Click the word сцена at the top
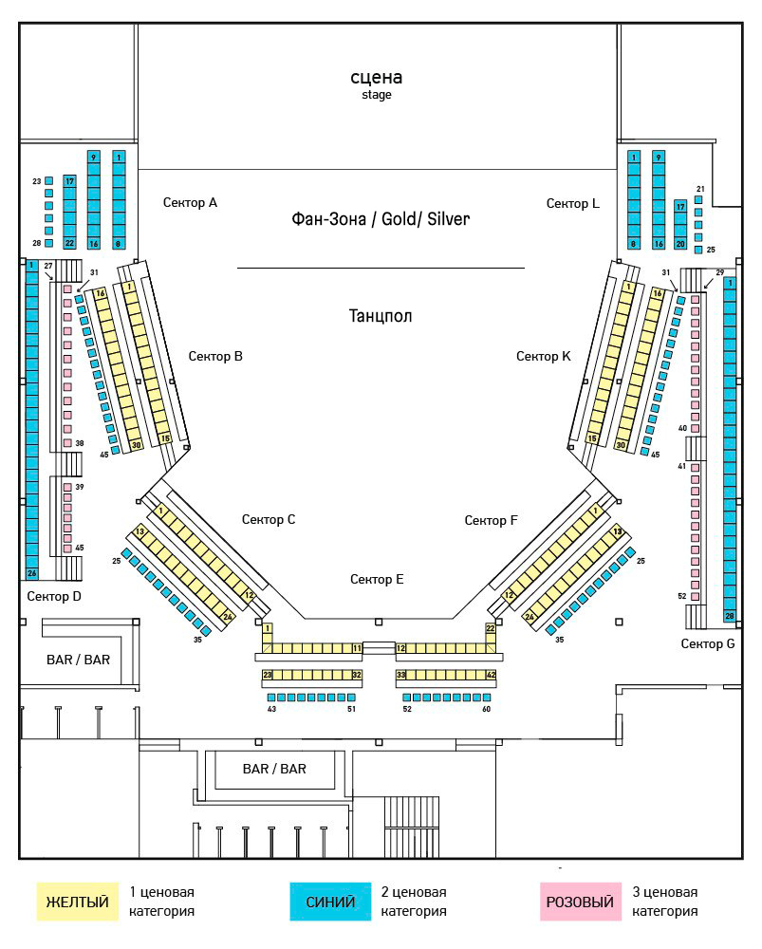377,77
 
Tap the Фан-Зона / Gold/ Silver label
381,219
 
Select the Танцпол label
381,316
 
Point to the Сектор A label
190,202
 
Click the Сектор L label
573,203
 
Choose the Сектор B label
215,356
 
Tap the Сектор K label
544,356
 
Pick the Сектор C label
269,519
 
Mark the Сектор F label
492,520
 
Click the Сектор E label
377,579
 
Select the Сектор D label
55,596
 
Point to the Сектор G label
708,643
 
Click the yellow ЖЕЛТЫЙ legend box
77,902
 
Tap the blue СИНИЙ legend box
330,902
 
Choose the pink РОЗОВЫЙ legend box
581,902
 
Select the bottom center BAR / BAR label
274,769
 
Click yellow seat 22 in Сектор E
491,628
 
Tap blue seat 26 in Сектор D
32,573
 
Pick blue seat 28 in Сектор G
730,616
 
